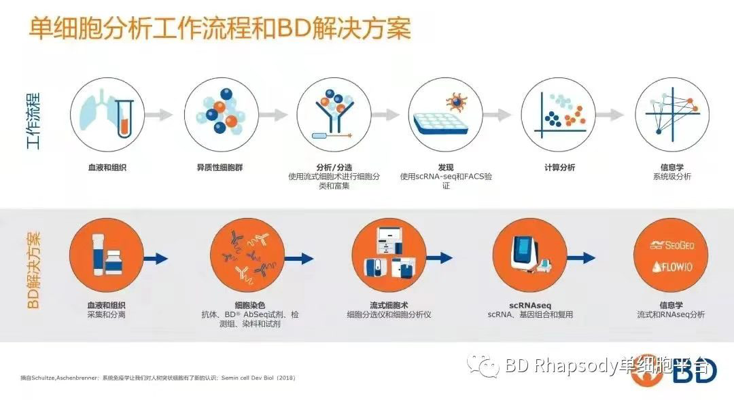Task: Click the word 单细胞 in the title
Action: tap(58, 28)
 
